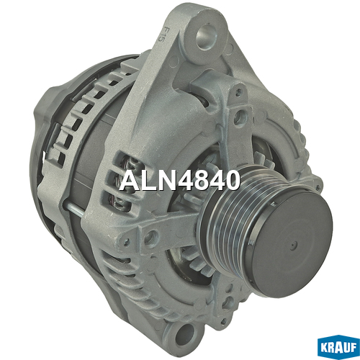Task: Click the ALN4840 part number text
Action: coord(180,181)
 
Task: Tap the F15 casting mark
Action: coord(166,36)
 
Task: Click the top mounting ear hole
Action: coord(205,37)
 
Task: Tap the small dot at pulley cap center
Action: coord(293,246)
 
